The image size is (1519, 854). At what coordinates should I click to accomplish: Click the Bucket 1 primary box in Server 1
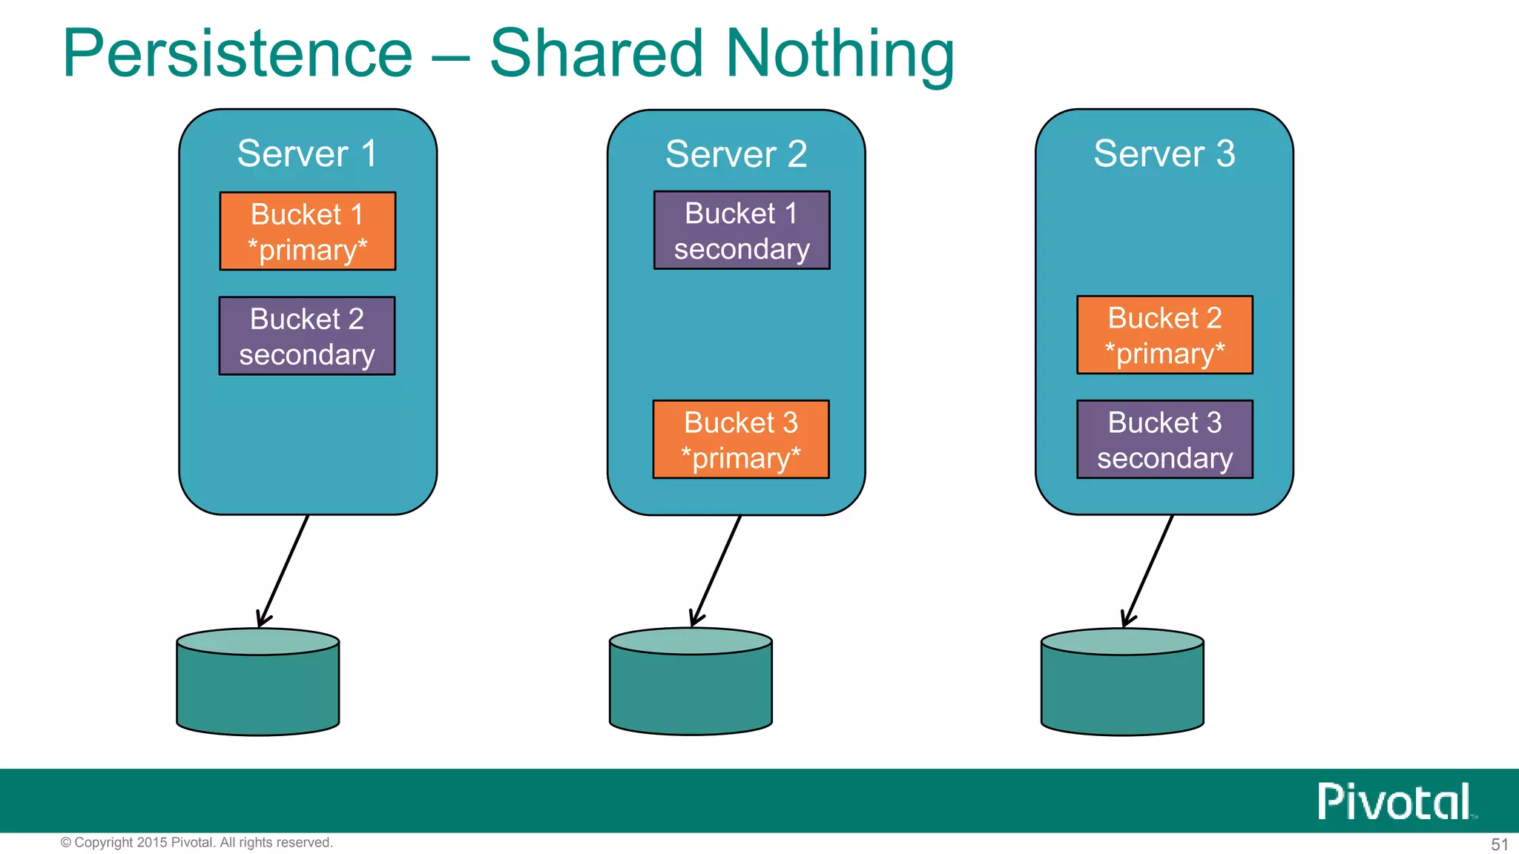point(307,231)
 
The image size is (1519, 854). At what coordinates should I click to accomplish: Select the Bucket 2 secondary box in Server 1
point(306,336)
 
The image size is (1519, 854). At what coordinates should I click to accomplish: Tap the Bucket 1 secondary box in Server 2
point(741,231)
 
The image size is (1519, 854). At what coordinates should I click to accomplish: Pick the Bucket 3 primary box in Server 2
point(740,440)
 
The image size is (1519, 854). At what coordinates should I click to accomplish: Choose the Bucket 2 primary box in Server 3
point(1164,335)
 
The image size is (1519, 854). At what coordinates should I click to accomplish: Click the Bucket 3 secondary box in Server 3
point(1164,440)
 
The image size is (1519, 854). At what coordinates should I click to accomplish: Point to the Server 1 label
point(307,154)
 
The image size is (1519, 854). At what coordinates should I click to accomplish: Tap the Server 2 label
point(736,154)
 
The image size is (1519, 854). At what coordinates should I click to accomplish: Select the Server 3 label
point(1164,154)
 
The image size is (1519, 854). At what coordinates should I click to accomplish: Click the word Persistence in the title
point(237,53)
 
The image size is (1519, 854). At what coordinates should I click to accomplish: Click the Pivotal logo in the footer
point(1394,801)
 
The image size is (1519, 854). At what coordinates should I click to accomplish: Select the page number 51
point(1499,844)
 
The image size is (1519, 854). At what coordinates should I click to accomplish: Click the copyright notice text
point(197,843)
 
